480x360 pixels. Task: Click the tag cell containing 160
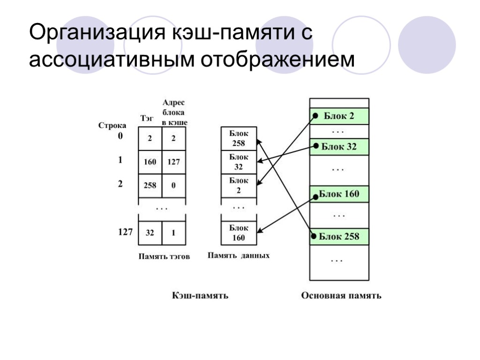pos(150,162)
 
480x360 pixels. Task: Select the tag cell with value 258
pos(150,185)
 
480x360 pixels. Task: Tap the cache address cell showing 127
pos(173,162)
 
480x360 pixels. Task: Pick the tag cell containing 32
pos(150,232)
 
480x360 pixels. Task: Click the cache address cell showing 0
pos(173,185)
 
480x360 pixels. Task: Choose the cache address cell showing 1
pos(173,232)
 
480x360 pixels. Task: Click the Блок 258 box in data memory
pos(239,138)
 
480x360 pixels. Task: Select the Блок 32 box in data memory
pos(239,162)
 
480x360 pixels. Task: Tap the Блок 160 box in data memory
pos(239,232)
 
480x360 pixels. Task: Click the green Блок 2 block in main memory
pos(339,116)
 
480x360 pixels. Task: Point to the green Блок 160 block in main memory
pos(339,194)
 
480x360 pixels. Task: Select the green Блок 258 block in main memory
pos(339,236)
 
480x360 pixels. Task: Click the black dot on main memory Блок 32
pos(316,146)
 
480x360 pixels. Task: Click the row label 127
pos(125,232)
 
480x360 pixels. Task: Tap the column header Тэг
pos(147,119)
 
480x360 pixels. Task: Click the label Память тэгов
pos(164,256)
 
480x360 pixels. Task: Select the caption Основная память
pos(341,295)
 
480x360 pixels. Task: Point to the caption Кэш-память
pos(200,295)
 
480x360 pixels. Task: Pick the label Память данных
pos(239,256)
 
